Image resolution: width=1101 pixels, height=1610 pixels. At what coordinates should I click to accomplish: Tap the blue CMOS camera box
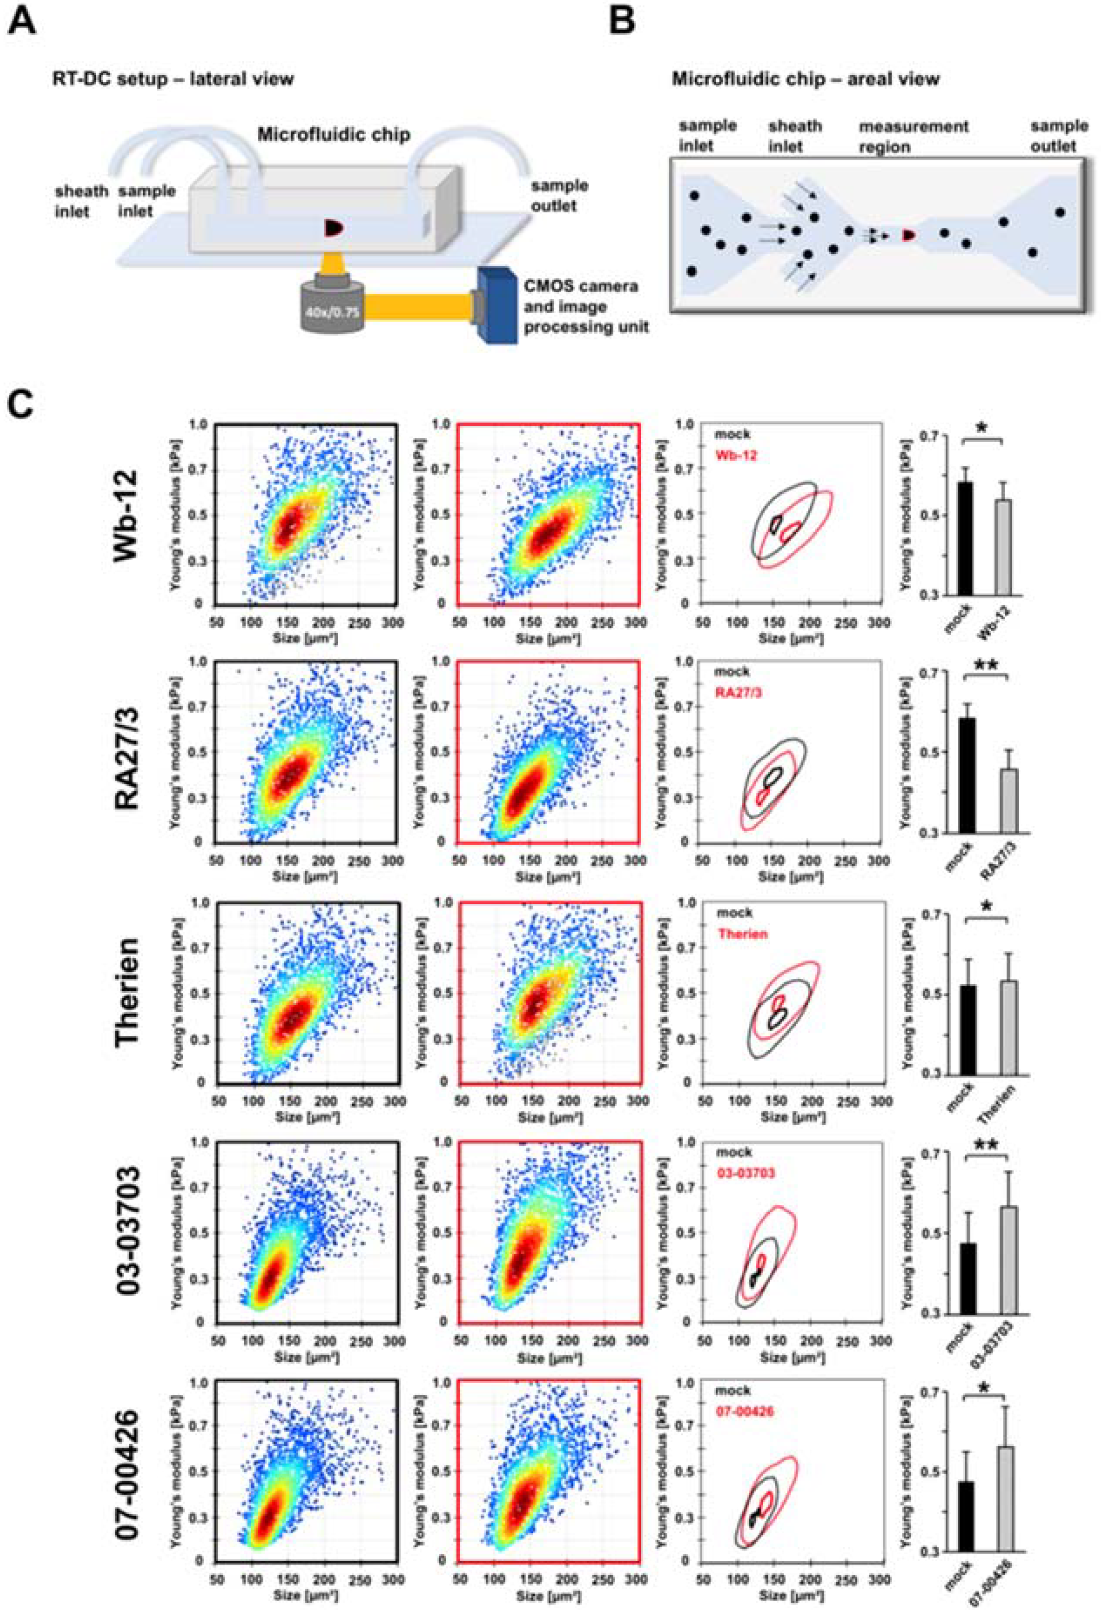pos(496,305)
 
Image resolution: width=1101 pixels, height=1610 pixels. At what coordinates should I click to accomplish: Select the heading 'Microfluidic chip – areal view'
pos(805,79)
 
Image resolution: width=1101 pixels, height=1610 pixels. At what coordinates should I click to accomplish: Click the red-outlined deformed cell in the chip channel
pos(909,236)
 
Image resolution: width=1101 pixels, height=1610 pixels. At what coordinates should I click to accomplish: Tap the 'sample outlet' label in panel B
pos(1058,136)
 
